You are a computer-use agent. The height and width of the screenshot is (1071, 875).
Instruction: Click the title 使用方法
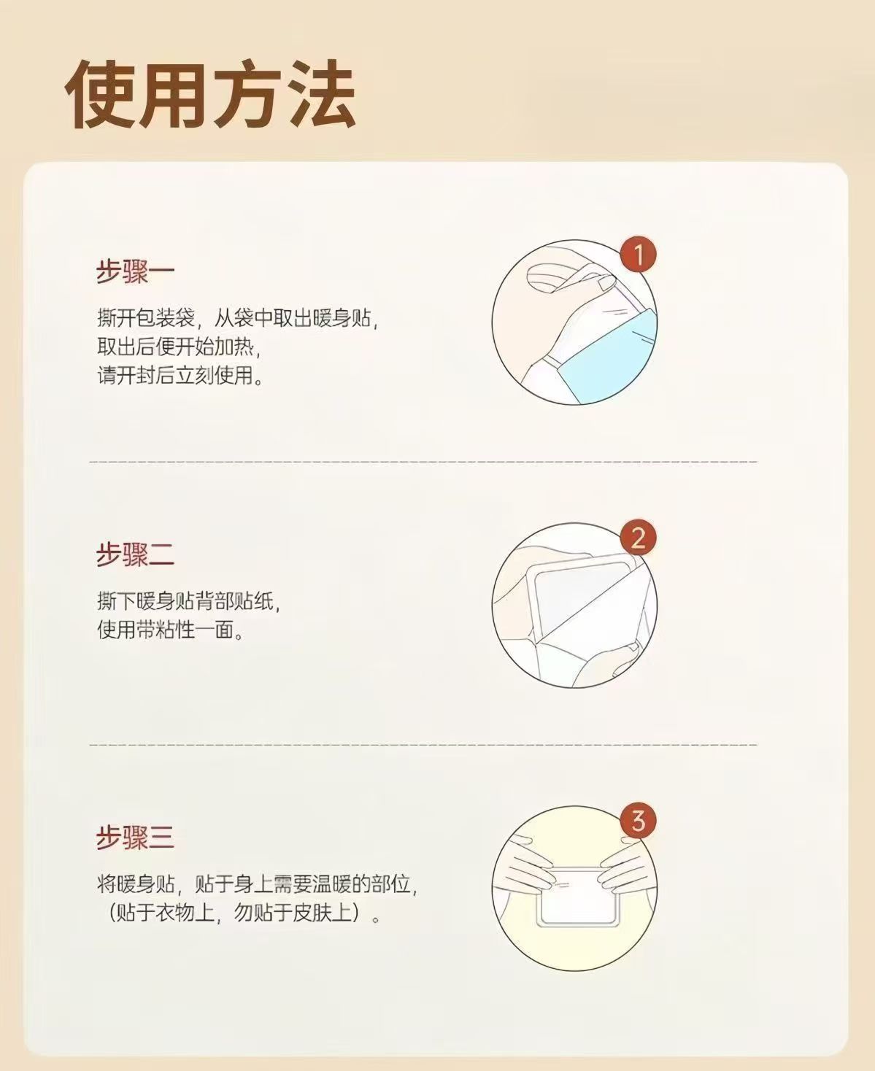pyautogui.click(x=210, y=95)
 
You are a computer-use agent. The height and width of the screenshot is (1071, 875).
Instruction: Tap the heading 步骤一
pyautogui.click(x=135, y=272)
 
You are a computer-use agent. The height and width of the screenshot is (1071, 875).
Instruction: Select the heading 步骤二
pyautogui.click(x=135, y=554)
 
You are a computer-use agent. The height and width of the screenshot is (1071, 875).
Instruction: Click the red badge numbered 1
pyautogui.click(x=639, y=255)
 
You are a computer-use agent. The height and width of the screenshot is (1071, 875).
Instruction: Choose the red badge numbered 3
pyautogui.click(x=639, y=821)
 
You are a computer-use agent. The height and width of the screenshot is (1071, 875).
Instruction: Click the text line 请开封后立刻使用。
pyautogui.click(x=180, y=376)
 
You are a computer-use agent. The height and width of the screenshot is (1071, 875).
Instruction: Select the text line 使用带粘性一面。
pyautogui.click(x=170, y=630)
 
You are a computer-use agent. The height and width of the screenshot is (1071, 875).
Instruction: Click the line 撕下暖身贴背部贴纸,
pyautogui.click(x=188, y=602)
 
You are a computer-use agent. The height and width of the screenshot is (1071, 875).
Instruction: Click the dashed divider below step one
pyautogui.click(x=423, y=462)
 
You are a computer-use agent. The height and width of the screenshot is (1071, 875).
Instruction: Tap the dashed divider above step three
pyautogui.click(x=423, y=745)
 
